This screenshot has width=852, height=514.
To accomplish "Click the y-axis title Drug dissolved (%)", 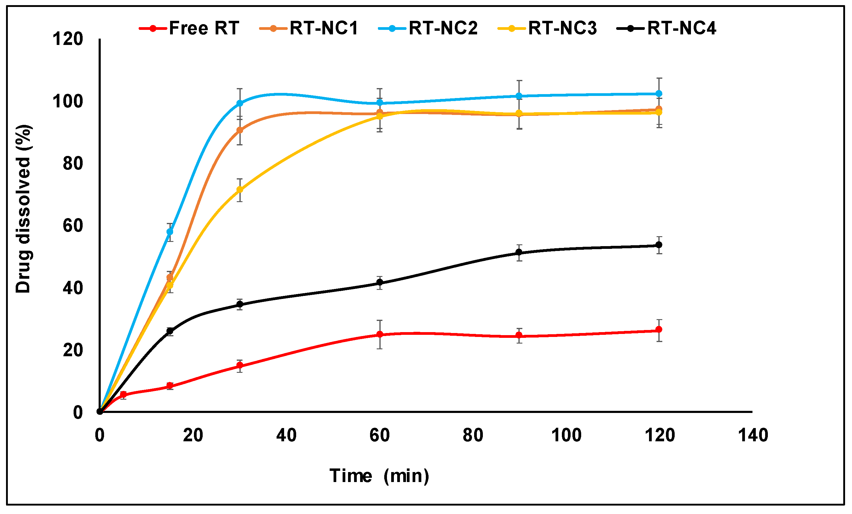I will (x=24, y=208).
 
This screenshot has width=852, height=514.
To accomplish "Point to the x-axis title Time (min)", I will (x=379, y=476).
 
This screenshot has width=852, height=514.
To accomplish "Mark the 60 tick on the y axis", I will (x=73, y=226).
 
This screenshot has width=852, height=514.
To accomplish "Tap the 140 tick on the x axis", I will (x=753, y=435).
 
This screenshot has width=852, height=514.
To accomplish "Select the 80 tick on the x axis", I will (x=473, y=435).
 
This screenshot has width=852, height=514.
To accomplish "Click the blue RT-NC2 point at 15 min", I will (x=170, y=232).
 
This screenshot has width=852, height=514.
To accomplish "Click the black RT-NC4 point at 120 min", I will (x=659, y=245).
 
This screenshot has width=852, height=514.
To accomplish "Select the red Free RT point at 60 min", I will (x=380, y=335).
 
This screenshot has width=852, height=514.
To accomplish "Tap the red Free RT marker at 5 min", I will (x=123, y=394).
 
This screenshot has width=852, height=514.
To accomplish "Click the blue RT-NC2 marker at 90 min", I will (x=519, y=96).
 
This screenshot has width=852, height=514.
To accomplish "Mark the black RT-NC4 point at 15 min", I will (x=170, y=331).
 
